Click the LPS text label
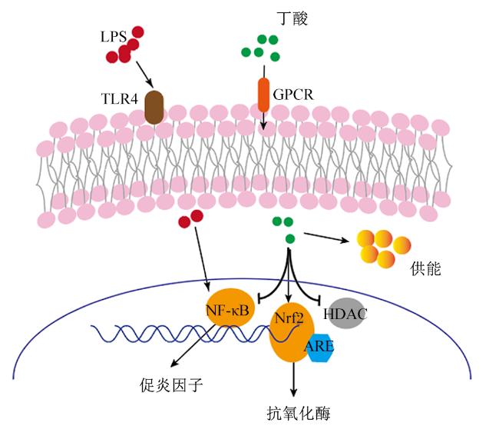114,37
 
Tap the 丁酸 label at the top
292,18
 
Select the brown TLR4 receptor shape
154,107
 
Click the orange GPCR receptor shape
263,95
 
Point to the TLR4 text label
120,99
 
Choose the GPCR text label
293,95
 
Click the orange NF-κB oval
230,308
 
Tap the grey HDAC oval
346,314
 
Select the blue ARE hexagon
320,348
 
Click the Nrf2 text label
289,318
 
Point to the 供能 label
425,268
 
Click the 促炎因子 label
171,385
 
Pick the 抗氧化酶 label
299,414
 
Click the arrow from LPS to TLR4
145,75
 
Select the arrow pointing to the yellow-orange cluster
326,238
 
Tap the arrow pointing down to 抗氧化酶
293,379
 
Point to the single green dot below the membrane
290,238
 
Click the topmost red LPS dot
137,32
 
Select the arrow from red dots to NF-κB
202,258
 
